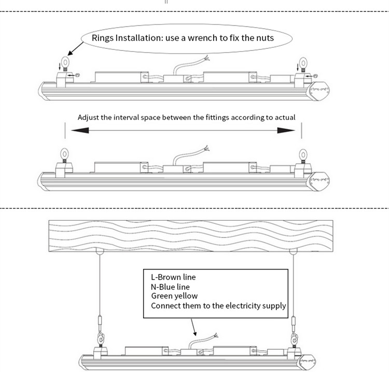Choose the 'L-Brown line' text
point(173,277)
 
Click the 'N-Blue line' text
point(170,287)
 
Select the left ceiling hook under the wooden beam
point(97,252)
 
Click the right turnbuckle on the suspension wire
point(294,322)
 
